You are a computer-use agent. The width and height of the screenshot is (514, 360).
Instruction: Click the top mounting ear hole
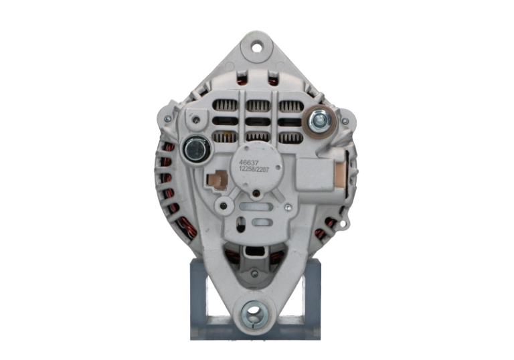tap(256, 47)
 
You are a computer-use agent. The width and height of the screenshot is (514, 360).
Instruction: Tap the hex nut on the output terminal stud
tap(320, 120)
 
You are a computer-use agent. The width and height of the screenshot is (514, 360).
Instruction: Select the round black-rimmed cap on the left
tap(195, 149)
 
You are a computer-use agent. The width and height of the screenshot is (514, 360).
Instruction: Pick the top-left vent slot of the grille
tap(224, 106)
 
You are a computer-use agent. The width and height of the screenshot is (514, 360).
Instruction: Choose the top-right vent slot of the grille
tap(290, 106)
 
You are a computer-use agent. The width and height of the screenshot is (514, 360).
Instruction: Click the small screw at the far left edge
tap(167, 119)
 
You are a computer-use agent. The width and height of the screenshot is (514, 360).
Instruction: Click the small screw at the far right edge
tap(345, 122)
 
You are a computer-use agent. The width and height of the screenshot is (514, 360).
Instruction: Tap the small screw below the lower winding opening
tap(254, 274)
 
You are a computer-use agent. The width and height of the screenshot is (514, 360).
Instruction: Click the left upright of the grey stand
tap(197, 294)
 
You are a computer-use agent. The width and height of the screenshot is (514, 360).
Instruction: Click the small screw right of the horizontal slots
tap(288, 208)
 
